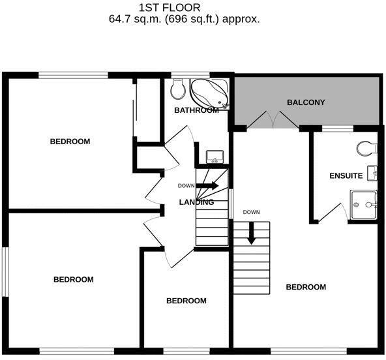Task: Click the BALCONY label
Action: [306, 102]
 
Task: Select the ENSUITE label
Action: [346, 175]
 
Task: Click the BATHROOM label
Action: [196, 110]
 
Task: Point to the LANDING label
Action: [196, 202]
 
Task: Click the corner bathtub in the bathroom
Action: [211, 93]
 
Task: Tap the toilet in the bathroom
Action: [177, 89]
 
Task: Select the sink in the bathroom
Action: [215, 157]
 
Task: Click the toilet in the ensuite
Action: [367, 149]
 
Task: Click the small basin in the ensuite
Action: [372, 173]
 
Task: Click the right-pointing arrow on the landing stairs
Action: [207, 186]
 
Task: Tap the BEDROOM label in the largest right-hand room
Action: [306, 287]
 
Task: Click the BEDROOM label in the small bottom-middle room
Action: [186, 301]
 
